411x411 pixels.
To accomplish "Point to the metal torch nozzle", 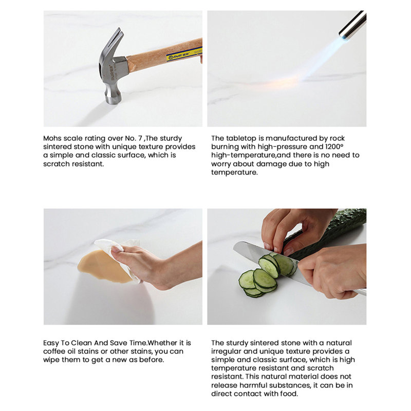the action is pos(352,24).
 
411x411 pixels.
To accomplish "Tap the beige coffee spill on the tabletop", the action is pos(103,266).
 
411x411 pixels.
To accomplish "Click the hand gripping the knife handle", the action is pos(333,270).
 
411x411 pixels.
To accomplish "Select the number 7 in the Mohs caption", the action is pos(140,138).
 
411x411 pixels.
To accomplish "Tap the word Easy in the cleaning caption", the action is pos(51,343).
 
